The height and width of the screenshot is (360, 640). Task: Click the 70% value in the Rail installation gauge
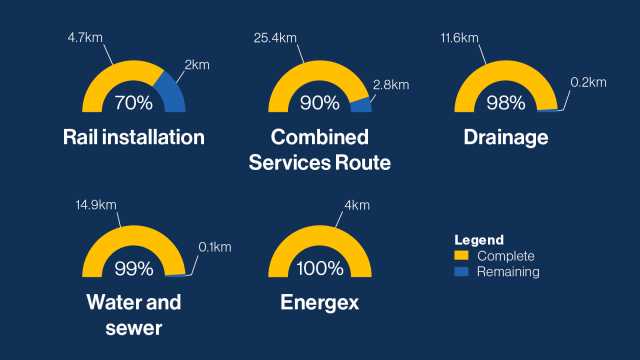133,102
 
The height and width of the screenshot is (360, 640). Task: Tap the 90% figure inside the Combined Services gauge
320,102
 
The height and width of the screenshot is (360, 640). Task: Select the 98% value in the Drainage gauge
506,102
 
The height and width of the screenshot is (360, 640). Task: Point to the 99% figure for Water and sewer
133,268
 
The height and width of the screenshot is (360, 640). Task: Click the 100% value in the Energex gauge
320,268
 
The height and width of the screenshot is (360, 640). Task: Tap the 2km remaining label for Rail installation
198,64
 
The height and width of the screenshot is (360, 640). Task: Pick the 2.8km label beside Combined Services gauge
392,86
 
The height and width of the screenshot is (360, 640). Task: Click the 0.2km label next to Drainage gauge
588,84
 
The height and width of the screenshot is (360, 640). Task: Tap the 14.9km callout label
96,205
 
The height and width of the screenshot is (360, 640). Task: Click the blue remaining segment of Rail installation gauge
173,93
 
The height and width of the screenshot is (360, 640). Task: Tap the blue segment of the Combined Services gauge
361,105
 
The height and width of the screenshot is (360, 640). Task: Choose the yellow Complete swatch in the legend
462,257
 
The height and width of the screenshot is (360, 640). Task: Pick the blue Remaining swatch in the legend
462,271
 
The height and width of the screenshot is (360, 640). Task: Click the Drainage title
506,138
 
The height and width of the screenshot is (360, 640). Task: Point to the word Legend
478,241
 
